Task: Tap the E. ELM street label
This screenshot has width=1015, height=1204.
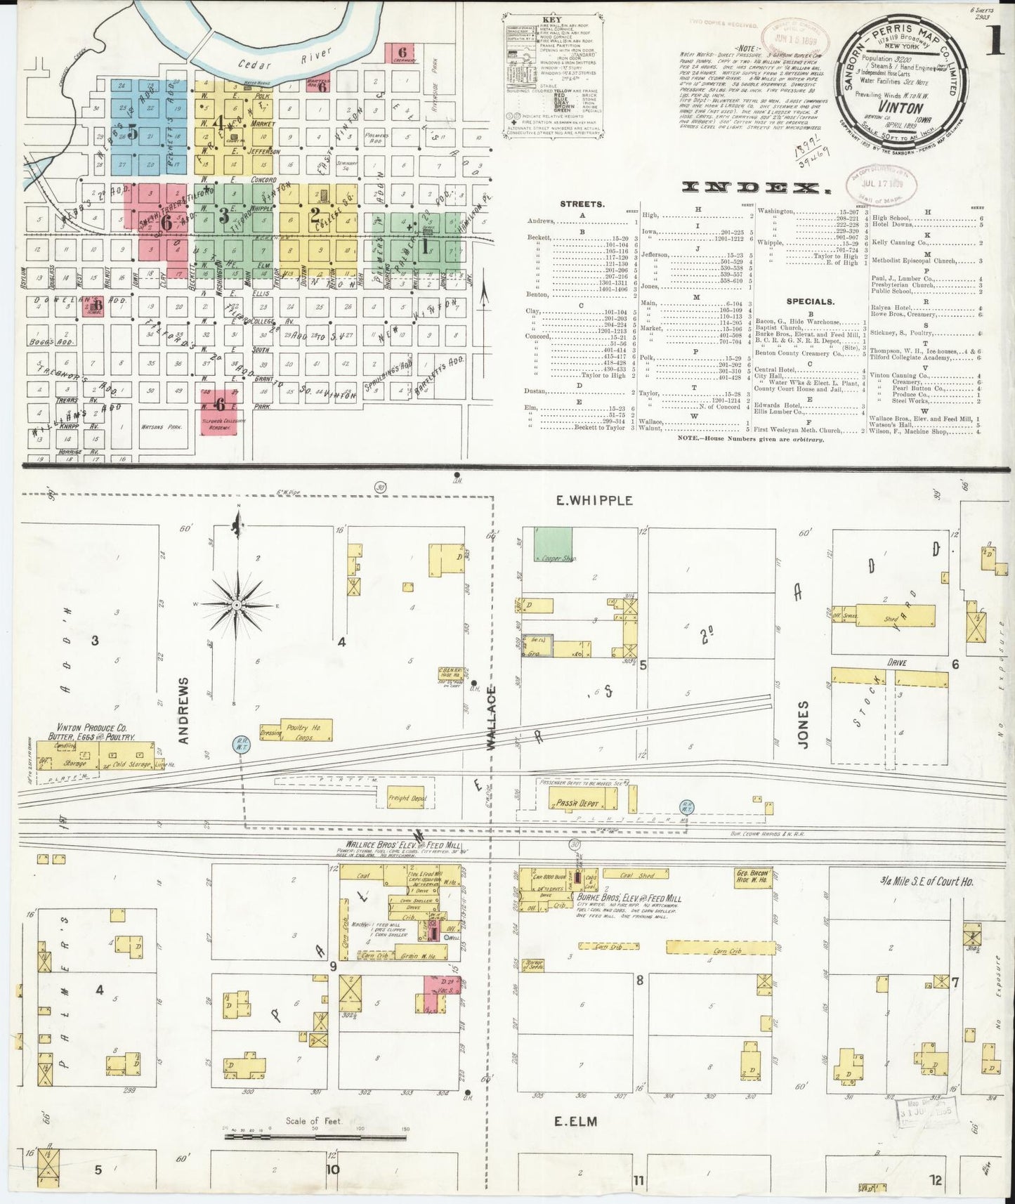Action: (x=576, y=1122)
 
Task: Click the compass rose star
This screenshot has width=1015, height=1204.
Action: (x=237, y=604)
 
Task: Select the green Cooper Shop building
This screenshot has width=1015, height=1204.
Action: (x=553, y=543)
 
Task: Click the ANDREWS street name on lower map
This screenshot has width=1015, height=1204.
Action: (x=184, y=710)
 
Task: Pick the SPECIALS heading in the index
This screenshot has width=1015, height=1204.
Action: (x=810, y=302)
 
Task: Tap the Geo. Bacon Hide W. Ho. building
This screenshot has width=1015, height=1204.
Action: (x=754, y=876)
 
